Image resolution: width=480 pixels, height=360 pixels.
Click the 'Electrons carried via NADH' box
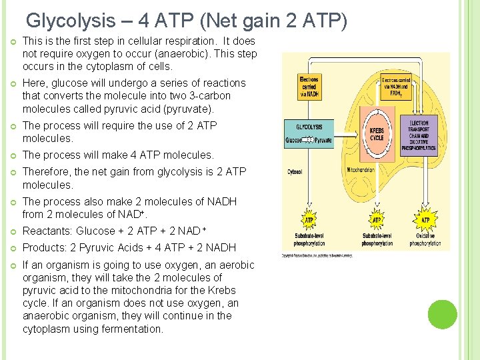coord(309,87)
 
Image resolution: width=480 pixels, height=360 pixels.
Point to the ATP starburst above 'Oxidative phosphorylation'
coord(425,220)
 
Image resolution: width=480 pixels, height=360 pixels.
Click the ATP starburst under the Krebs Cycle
coord(377,220)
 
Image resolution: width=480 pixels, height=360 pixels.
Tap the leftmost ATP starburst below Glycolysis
coord(309,220)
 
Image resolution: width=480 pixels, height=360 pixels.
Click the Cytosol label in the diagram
coord(295,171)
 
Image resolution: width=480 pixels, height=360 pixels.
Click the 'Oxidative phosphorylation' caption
coord(425,239)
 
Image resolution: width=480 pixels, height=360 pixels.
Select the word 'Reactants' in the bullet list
coord(47,231)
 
